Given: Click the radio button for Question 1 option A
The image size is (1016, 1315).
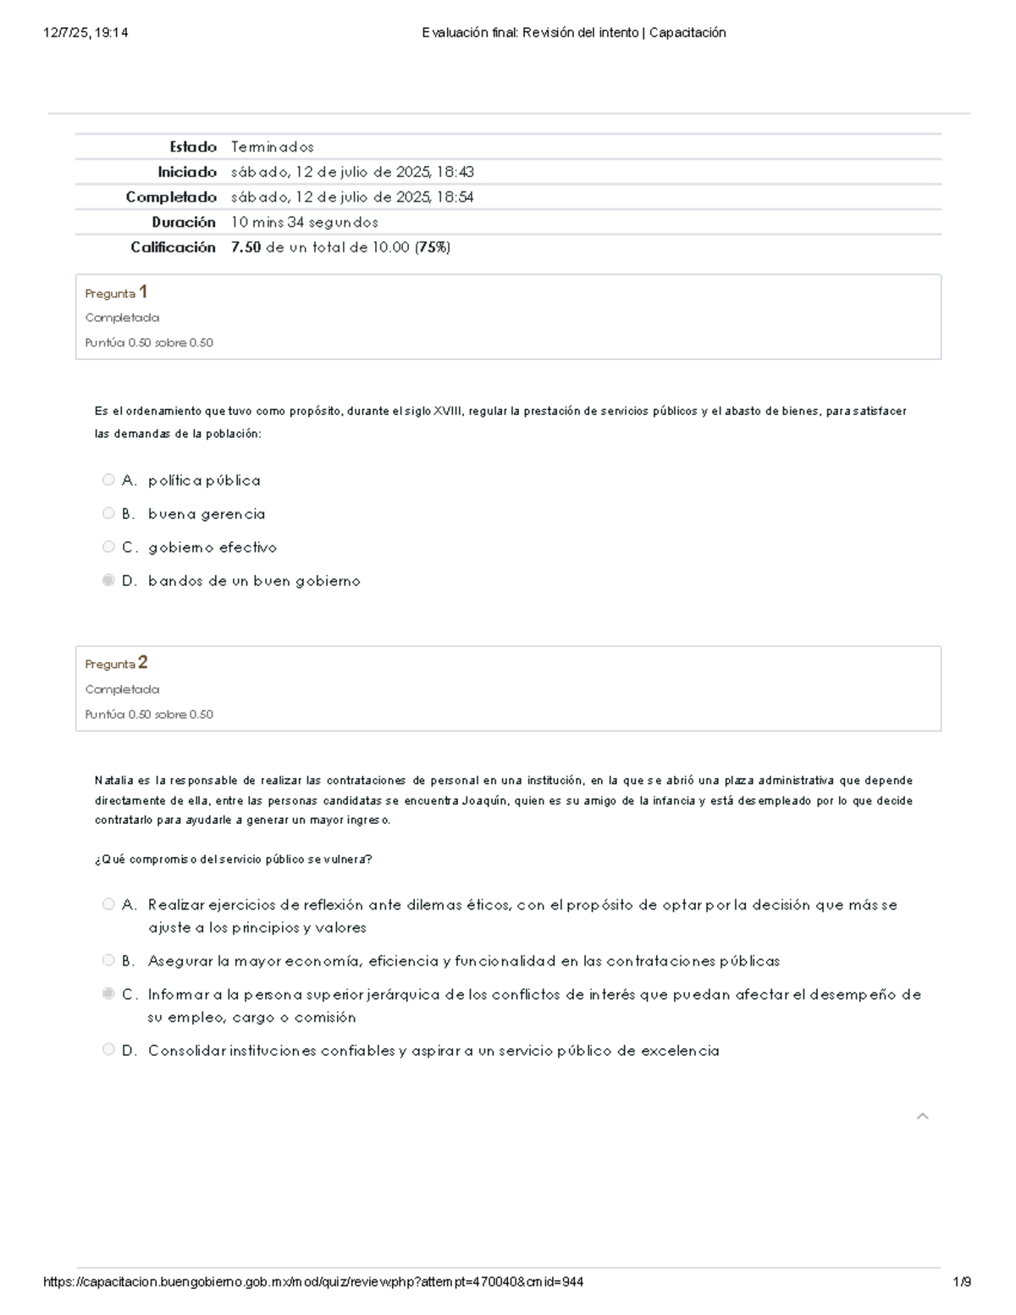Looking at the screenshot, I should (108, 480).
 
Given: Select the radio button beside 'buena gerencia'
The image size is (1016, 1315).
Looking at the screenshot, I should (108, 513).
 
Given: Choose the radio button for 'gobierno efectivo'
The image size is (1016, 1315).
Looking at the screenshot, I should (108, 547).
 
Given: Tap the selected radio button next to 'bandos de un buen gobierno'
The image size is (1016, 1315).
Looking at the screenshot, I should (108, 580).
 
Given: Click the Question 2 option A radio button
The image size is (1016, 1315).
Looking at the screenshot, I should (108, 904).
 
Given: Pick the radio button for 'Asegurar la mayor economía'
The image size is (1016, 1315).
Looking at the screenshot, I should (108, 960).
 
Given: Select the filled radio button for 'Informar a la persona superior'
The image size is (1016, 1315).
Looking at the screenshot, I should (108, 993).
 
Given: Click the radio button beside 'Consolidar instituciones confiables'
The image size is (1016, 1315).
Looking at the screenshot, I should (108, 1050).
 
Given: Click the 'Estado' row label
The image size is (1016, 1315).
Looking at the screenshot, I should (193, 146).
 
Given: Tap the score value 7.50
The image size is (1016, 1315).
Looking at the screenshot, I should (246, 247).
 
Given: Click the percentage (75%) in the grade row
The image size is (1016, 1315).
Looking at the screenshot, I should (433, 247).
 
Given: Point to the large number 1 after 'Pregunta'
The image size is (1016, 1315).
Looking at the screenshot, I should (143, 292).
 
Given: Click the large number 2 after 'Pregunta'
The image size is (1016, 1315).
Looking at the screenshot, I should (143, 662).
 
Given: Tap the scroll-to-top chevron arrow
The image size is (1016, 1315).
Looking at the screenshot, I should (923, 1116).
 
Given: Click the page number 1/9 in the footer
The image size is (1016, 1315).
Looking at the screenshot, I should (961, 1282).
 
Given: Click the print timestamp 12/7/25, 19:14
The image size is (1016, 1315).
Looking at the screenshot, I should (86, 33).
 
